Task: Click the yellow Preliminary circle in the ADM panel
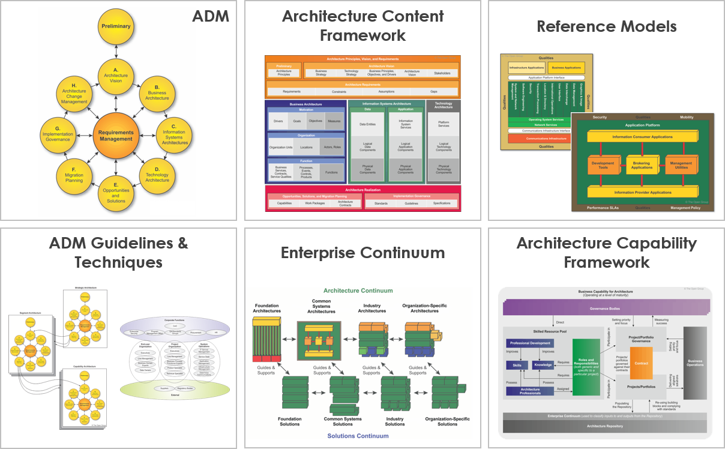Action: [x=116, y=26]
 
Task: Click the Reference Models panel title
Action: [x=606, y=26]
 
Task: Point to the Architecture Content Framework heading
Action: [x=362, y=25]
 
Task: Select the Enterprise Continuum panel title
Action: [x=362, y=252]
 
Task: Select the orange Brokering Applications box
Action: [x=642, y=165]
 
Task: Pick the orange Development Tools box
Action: [x=603, y=165]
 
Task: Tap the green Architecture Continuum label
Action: [x=358, y=291]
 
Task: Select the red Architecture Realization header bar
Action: [x=362, y=189]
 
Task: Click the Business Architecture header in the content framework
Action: [x=305, y=104]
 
